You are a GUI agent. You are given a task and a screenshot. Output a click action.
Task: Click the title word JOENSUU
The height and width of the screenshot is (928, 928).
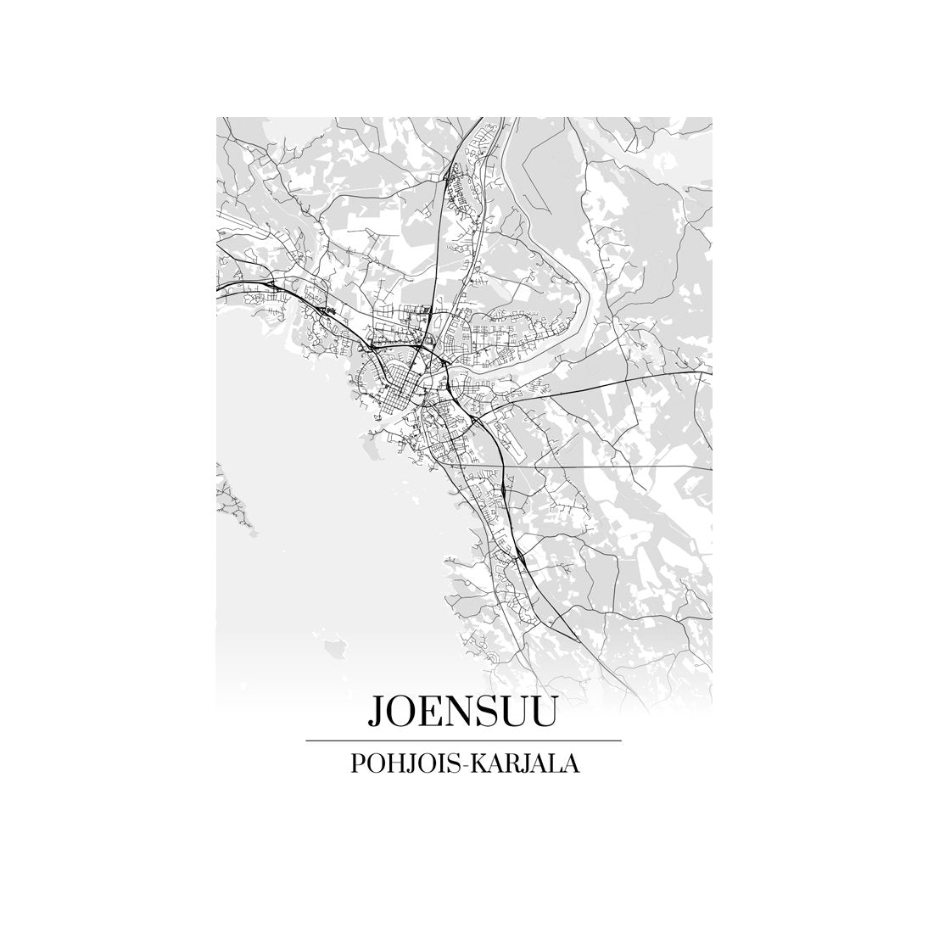(462, 711)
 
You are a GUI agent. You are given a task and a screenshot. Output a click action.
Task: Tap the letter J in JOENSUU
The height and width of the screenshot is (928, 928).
(374, 713)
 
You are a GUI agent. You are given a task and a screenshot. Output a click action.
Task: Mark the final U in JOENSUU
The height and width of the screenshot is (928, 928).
(545, 711)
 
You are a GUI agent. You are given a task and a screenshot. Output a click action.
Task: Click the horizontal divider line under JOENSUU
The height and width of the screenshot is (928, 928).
(463, 741)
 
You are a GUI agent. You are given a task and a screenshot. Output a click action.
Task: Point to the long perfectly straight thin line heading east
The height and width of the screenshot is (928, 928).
(611, 467)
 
